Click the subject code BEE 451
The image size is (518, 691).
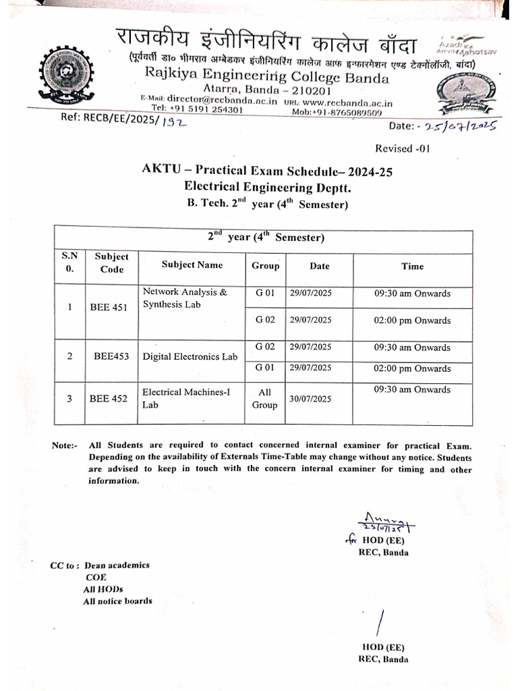109,308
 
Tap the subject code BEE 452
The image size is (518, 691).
109,399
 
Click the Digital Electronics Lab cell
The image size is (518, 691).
190,357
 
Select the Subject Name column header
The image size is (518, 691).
192,265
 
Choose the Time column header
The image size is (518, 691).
412,267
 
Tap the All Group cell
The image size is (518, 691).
264,398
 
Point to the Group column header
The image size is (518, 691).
265,266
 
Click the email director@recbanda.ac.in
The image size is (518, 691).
231,99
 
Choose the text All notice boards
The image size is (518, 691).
117,601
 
